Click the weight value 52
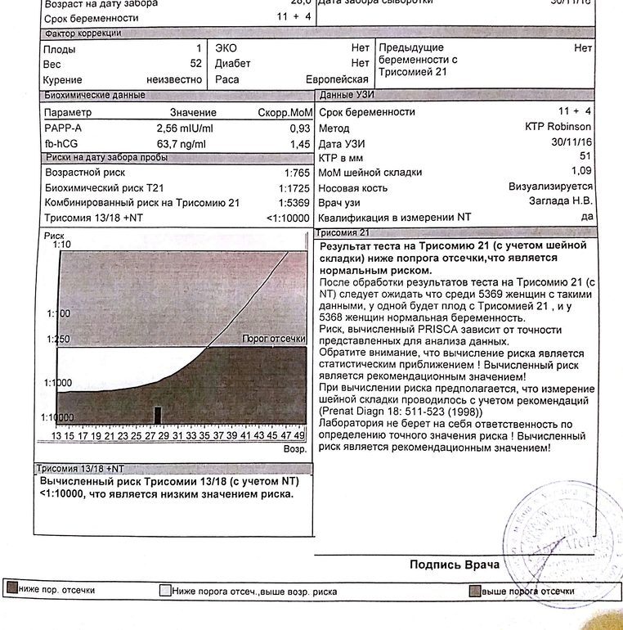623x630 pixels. (195, 64)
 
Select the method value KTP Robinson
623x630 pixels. (558, 128)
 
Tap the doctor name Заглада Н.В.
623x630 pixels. (560, 202)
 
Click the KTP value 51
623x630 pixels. (584, 156)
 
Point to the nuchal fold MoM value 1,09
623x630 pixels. (580, 171)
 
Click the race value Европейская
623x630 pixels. (337, 79)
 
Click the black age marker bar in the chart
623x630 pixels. (158, 416)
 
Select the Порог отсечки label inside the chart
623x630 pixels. (274, 340)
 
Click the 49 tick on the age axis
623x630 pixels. (299, 436)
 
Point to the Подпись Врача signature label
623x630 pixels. (454, 565)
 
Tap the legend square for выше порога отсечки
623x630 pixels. (475, 591)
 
